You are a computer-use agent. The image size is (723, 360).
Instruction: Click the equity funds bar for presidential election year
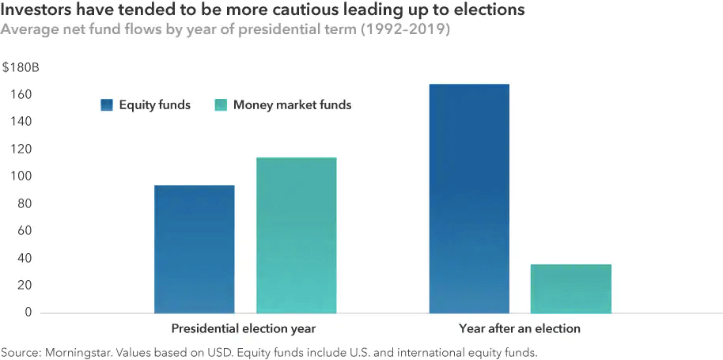click(x=194, y=249)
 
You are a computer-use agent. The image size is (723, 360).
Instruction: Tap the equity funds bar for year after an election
click(x=469, y=199)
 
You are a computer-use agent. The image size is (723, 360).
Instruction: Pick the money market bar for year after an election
click(x=570, y=289)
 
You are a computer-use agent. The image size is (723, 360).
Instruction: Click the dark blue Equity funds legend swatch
click(x=107, y=104)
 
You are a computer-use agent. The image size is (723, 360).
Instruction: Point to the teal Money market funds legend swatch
click(x=221, y=104)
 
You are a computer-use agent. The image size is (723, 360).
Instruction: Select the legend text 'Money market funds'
click(x=292, y=104)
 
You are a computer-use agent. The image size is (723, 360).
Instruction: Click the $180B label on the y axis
click(x=18, y=68)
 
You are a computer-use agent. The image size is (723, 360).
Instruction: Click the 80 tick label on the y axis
click(x=25, y=204)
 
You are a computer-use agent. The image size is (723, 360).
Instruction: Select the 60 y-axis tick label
click(x=25, y=231)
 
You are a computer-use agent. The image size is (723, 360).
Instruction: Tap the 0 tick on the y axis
click(x=28, y=313)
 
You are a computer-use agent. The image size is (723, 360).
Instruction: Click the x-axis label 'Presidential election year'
click(x=244, y=328)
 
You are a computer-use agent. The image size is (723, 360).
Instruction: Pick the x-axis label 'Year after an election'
click(x=520, y=328)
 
